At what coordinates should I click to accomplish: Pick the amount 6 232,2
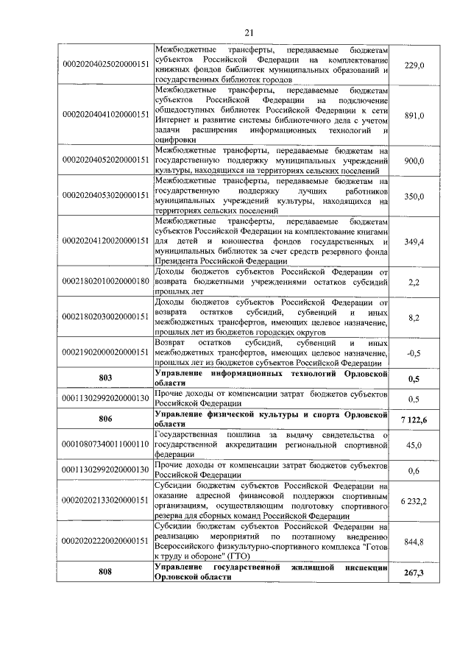[414, 500]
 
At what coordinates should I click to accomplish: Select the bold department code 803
[105, 378]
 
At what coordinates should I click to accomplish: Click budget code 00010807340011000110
[105, 444]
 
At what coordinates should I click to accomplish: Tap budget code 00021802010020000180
[105, 282]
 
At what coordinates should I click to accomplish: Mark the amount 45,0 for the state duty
[415, 444]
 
